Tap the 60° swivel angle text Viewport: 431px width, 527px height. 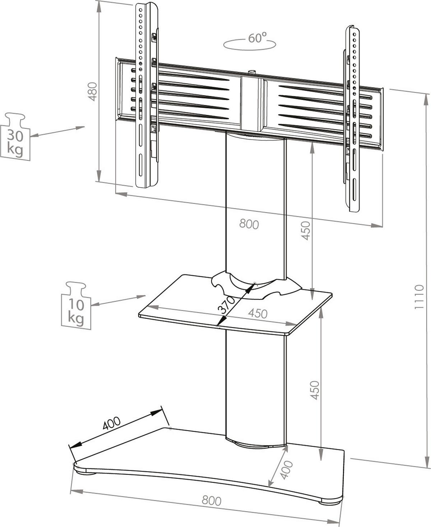tap(257, 38)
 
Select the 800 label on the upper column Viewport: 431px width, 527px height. tap(249, 224)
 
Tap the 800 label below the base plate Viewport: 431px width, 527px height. tap(211, 500)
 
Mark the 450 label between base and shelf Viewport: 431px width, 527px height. tap(315, 390)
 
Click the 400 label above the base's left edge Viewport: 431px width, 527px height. tap(111, 424)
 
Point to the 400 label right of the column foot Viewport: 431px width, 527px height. tap(286, 470)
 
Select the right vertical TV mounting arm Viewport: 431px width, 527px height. tap(352, 119)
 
